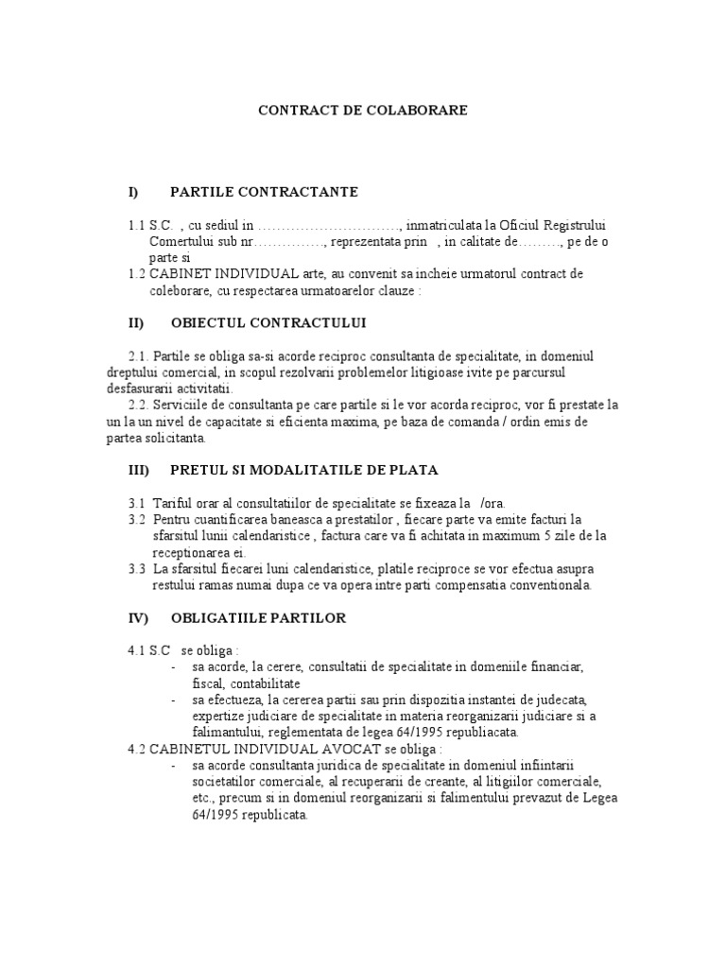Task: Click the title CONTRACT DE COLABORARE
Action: click(x=363, y=111)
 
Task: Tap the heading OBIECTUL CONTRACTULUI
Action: click(x=268, y=322)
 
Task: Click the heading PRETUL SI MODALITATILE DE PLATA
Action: click(x=304, y=469)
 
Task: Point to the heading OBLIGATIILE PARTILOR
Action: click(x=258, y=618)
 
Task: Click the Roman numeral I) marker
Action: click(x=133, y=192)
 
